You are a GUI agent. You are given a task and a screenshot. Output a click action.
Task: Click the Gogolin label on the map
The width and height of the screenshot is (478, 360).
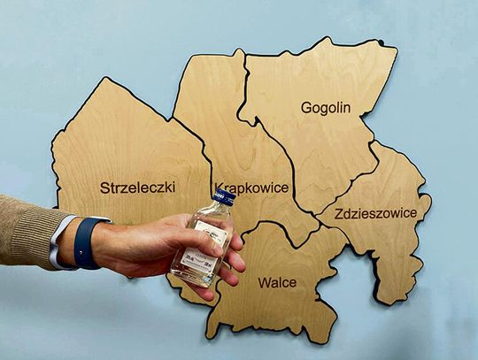[326, 108]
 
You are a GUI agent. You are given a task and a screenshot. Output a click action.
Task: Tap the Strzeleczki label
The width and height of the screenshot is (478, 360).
[137, 188]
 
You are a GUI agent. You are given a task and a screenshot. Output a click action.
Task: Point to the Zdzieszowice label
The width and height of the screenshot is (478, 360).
[373, 212]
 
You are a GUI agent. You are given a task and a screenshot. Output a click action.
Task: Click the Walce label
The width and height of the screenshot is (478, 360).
[277, 283]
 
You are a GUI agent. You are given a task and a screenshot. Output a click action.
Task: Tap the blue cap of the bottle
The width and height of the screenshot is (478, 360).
[225, 197]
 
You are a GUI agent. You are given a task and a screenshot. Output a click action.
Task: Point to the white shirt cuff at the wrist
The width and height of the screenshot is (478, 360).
[59, 241]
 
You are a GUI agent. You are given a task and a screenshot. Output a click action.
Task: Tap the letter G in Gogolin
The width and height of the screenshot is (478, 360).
[306, 108]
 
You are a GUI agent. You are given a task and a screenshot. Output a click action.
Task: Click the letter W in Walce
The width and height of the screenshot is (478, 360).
[264, 283]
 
